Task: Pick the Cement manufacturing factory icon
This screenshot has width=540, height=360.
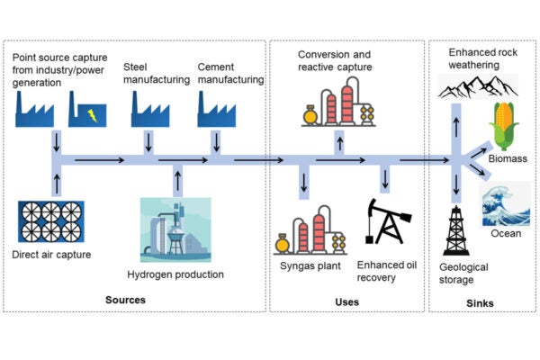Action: pos(216,111)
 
